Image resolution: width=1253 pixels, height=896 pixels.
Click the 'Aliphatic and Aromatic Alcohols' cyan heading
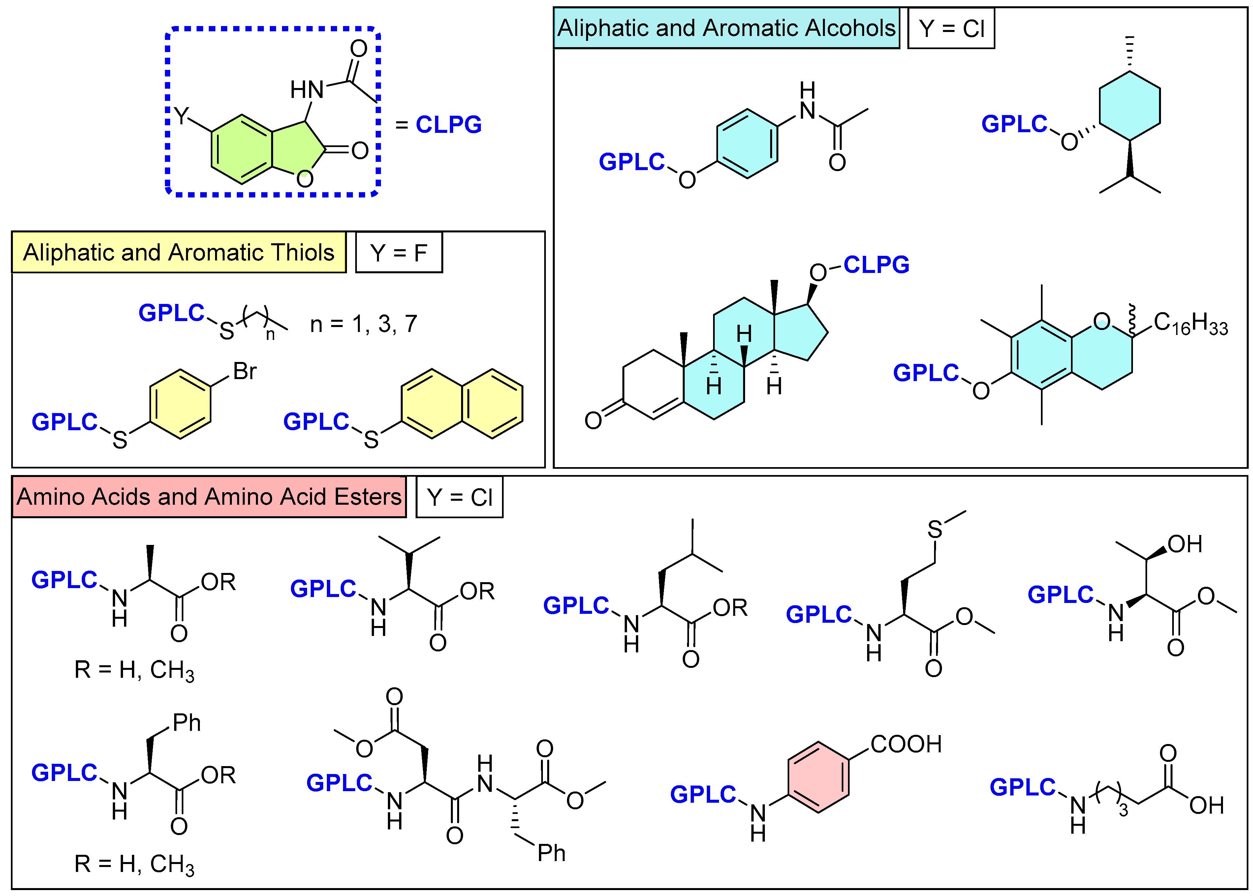click(x=726, y=28)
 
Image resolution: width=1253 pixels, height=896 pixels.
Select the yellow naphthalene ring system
click(x=462, y=404)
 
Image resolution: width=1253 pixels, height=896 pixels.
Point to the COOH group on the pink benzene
click(x=906, y=744)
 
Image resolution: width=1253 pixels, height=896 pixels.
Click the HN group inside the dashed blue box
click(x=307, y=89)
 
